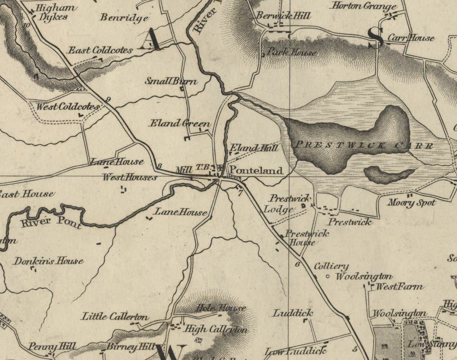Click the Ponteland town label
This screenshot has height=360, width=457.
tap(256, 171)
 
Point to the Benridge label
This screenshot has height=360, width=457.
tap(124, 18)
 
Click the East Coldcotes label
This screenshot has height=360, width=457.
tap(100, 50)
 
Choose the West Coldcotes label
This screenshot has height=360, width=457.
tap(67, 107)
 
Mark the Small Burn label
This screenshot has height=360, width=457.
tap(171, 82)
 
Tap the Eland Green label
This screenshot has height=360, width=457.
tap(180, 123)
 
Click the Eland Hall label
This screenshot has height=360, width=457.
tap(254, 148)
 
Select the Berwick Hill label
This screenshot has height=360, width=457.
tap(284, 16)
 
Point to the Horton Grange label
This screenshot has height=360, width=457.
tap(364, 6)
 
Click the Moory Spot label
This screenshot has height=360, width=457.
tap(411, 203)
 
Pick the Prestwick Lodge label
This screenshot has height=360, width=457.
tap(284, 204)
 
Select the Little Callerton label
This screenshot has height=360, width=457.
tap(115, 317)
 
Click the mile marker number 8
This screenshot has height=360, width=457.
tap(159, 166)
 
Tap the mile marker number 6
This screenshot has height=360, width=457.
tap(298, 264)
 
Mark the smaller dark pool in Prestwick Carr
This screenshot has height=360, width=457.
tap(389, 173)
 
